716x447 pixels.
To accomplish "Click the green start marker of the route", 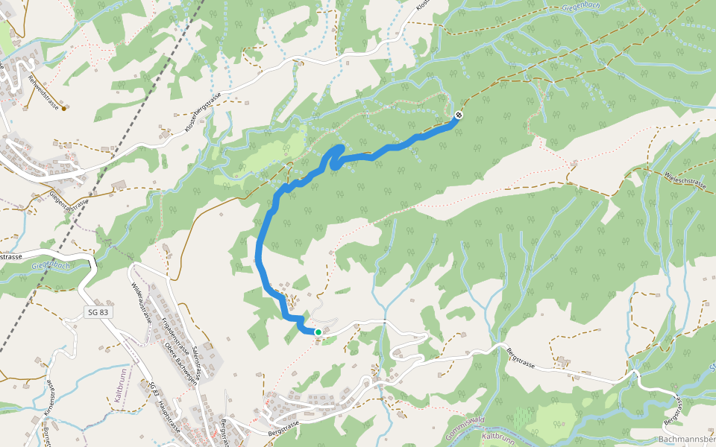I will pos(318,332).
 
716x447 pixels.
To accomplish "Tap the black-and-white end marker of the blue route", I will pos(458,115).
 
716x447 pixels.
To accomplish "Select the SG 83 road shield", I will pos(98,313).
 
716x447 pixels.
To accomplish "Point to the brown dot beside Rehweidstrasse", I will pos(64,109).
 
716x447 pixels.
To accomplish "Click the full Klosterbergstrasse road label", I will pos(204,112).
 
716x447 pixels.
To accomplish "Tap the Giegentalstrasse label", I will pos(69,197).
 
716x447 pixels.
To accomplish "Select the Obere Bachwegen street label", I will pos(179,361).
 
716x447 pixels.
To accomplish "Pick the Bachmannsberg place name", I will pos(686,440).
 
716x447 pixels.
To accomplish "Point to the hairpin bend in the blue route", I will pos(333,156).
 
